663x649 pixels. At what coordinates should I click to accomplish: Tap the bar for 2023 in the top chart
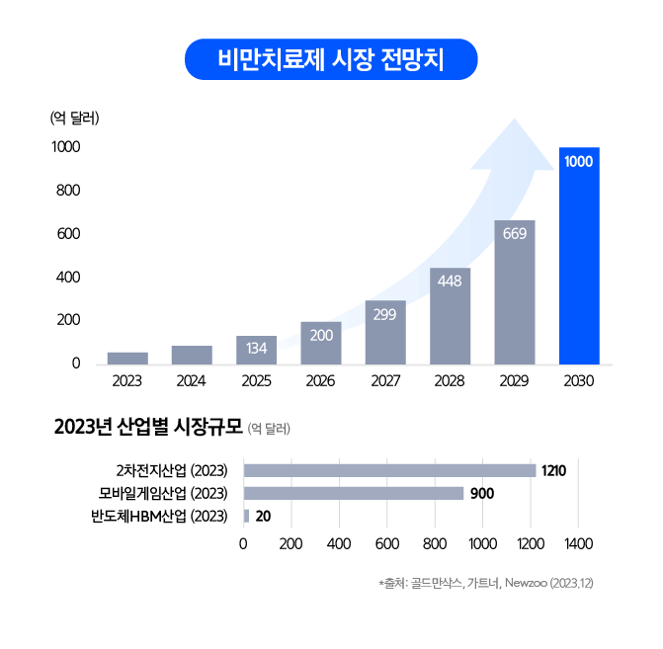[127, 358]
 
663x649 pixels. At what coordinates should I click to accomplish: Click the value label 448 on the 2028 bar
[450, 282]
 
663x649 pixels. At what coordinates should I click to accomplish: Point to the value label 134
[256, 349]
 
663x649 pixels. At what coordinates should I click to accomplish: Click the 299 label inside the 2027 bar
[385, 314]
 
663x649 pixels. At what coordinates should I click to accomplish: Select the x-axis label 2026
[320, 380]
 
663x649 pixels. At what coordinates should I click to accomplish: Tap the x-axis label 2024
[192, 380]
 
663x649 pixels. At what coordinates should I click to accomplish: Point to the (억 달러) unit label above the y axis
[75, 119]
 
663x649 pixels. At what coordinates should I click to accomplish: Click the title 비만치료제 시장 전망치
[331, 60]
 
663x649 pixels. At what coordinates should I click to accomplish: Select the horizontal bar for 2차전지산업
[389, 470]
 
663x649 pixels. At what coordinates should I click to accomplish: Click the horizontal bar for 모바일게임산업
[353, 493]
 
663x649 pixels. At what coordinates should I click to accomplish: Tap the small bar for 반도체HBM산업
[246, 516]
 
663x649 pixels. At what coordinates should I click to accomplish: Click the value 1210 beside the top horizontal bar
[553, 471]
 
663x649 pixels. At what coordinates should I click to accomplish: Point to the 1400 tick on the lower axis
[578, 543]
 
